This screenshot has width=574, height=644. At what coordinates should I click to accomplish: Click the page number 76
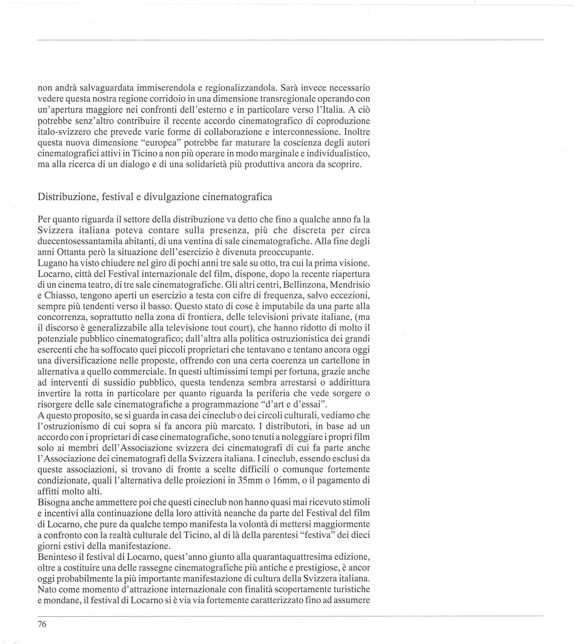[x=42, y=624]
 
